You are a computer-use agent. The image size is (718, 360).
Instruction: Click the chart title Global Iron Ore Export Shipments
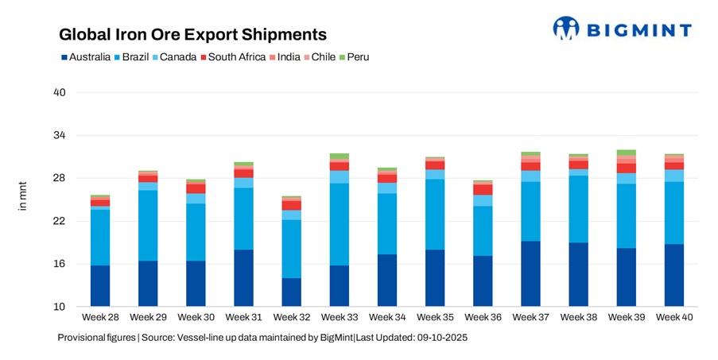(193, 35)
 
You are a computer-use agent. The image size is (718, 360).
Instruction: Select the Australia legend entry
(85, 57)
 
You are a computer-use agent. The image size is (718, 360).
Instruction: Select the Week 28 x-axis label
(100, 318)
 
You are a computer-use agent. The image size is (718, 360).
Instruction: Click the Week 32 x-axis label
(291, 318)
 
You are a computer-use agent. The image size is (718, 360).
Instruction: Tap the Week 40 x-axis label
(674, 318)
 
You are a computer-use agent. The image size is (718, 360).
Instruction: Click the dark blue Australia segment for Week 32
(291, 292)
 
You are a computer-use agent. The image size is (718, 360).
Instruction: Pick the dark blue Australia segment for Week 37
(530, 274)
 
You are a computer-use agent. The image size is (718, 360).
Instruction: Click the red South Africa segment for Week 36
(483, 190)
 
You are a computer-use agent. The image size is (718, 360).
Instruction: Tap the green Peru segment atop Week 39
(627, 153)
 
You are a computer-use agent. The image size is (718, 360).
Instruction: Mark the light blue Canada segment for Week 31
(243, 183)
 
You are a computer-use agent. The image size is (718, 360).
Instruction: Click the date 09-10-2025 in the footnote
(439, 338)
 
